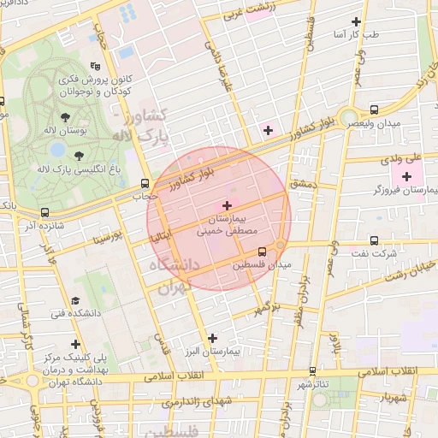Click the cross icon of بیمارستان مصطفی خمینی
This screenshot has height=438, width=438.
(x=227, y=205)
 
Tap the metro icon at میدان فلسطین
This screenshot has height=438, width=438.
(x=263, y=252)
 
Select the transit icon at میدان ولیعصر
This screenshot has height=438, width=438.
(x=375, y=109)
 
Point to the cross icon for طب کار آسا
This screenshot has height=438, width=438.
(x=357, y=21)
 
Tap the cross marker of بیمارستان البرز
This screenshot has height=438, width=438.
(x=213, y=339)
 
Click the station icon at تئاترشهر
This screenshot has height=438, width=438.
(x=312, y=371)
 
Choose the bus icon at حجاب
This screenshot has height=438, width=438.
(x=145, y=182)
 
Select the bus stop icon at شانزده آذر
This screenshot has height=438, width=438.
(x=44, y=212)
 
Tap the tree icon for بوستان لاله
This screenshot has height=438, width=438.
(x=66, y=117)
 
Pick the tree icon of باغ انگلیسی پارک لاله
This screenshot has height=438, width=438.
(x=79, y=156)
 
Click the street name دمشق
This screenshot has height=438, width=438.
(x=303, y=184)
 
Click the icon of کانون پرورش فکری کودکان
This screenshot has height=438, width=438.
(x=94, y=65)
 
